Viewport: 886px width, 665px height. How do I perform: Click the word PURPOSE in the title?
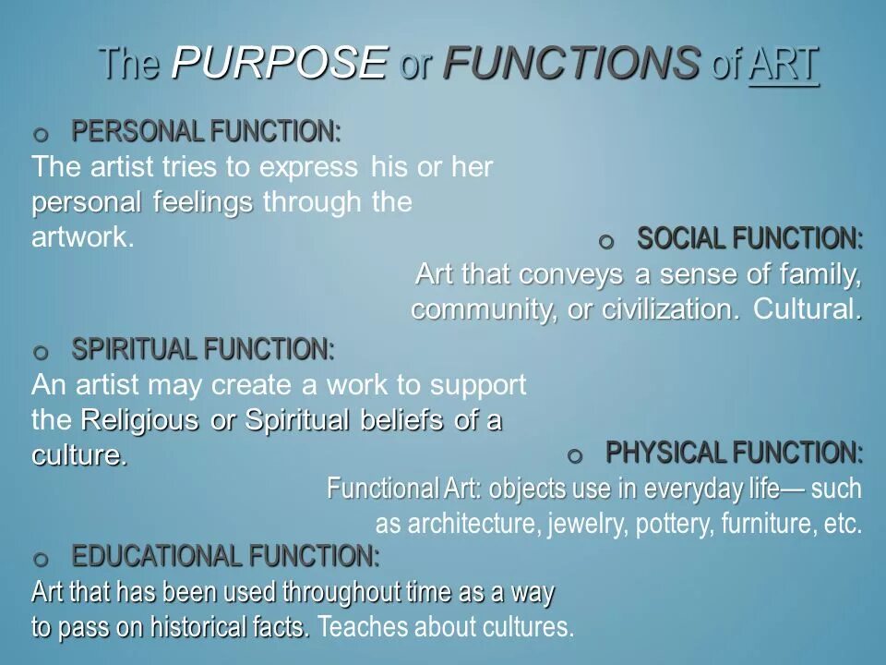pos(280,64)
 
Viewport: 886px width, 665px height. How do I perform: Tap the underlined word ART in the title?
pos(784,65)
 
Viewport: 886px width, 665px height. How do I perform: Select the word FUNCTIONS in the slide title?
pos(570,64)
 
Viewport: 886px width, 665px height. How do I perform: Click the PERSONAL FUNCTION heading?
pos(206,132)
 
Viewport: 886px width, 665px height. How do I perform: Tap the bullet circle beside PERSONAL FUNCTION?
pos(40,136)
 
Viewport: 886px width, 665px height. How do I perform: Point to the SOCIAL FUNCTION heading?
pos(750,238)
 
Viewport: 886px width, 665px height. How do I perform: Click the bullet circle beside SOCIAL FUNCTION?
pos(605,242)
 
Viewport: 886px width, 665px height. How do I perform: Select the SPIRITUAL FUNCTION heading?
pos(203,349)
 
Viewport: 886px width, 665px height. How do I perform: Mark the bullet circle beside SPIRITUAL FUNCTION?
pos(40,353)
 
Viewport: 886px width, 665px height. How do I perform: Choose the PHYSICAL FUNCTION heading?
pos(735,453)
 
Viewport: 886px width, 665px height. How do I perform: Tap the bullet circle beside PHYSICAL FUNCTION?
pos(576,456)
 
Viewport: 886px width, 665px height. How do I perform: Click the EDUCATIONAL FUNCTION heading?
pos(225,556)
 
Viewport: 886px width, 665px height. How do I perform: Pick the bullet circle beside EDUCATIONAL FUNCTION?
pos(40,560)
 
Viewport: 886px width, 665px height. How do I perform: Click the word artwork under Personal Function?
pos(84,237)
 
